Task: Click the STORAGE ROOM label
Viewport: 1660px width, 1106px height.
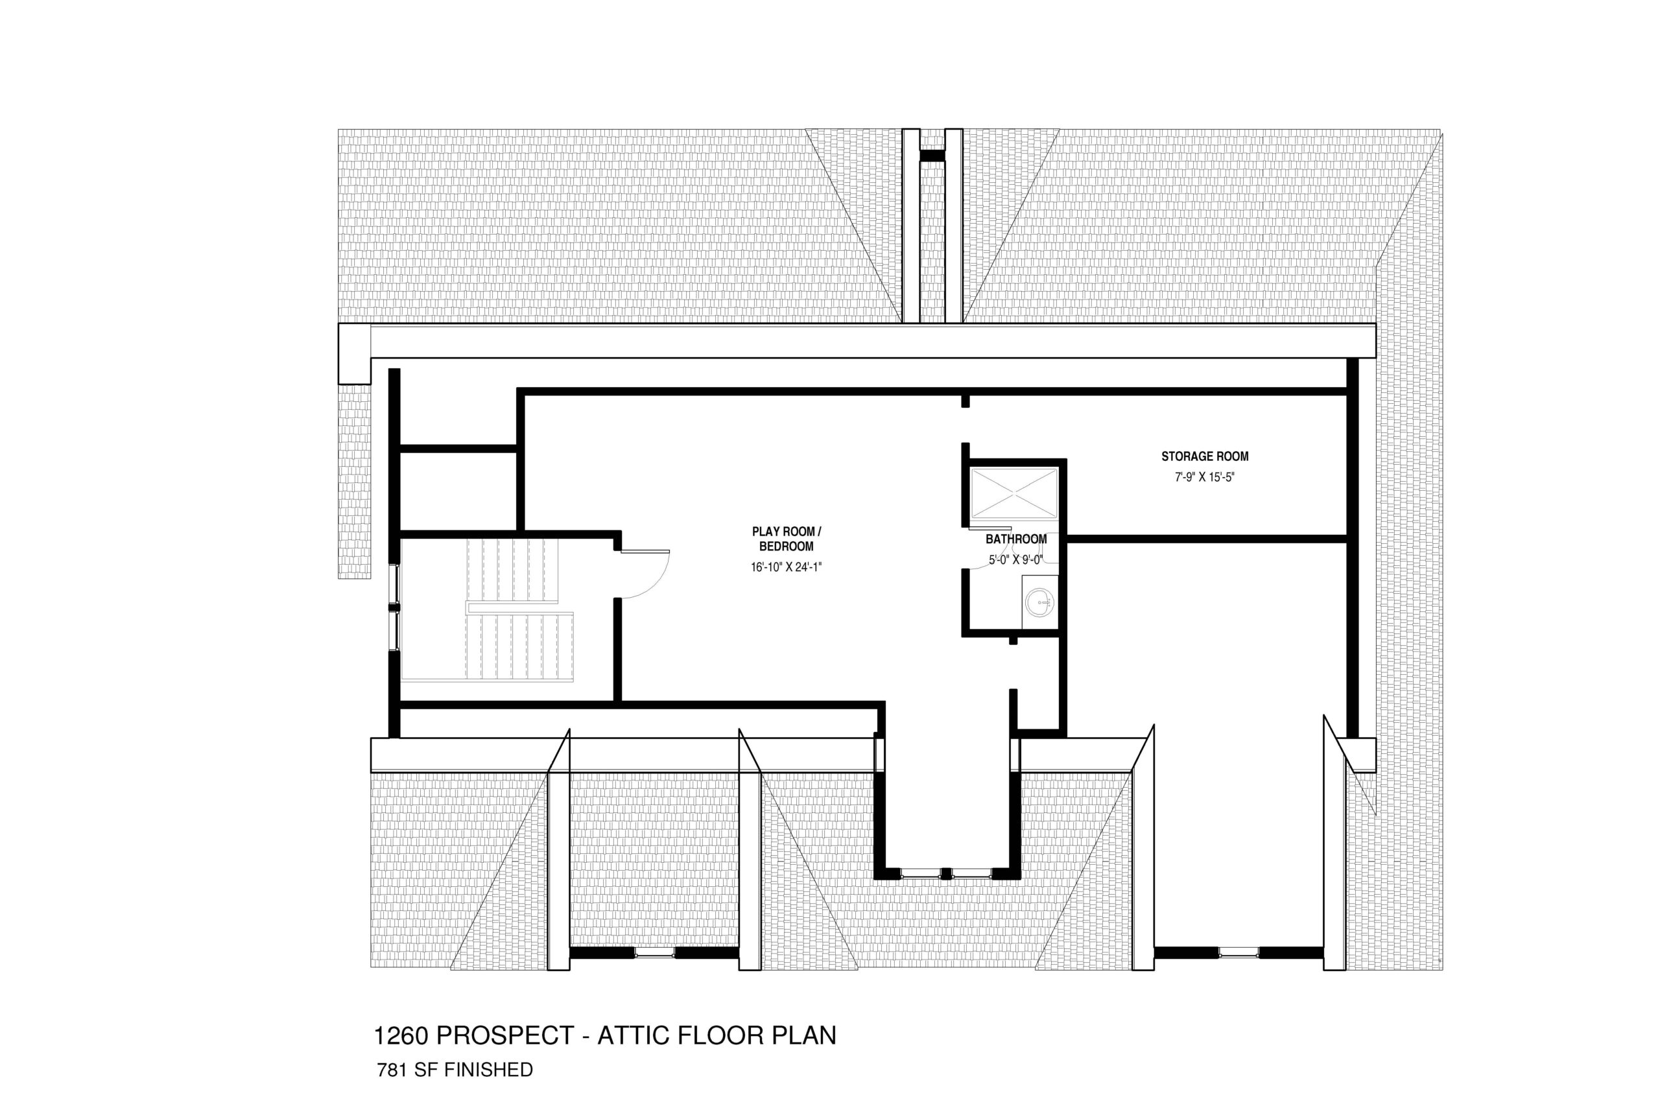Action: pyautogui.click(x=1204, y=456)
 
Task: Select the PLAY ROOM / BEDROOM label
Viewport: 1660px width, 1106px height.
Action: pyautogui.click(x=787, y=539)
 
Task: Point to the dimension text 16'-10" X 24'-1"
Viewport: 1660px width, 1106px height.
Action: pyautogui.click(x=787, y=567)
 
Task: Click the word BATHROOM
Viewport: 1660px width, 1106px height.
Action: pyautogui.click(x=1016, y=539)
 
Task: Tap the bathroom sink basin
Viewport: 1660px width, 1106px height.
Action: pyautogui.click(x=1038, y=602)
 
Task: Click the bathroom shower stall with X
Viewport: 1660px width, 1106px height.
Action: pyautogui.click(x=1014, y=494)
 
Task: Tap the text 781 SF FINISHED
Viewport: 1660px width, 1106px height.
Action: pyautogui.click(x=455, y=1070)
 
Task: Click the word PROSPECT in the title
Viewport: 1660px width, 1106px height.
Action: pyautogui.click(x=505, y=1035)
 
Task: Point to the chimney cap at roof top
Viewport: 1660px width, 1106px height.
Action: pyautogui.click(x=932, y=156)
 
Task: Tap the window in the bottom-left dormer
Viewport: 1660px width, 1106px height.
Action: pyautogui.click(x=654, y=953)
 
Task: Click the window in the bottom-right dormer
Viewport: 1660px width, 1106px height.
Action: pyautogui.click(x=1238, y=953)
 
